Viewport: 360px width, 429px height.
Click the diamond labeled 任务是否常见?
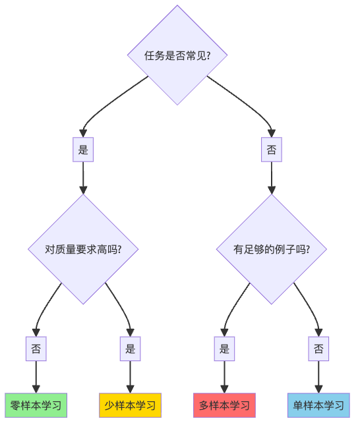point(177,55)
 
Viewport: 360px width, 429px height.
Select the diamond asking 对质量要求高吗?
point(83,249)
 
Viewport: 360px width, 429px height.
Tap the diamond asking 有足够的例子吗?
point(272,249)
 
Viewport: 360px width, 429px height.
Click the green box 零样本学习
point(36,405)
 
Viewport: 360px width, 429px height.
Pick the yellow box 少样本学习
point(130,405)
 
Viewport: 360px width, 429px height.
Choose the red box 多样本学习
point(224,405)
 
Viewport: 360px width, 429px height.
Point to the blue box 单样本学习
point(318,405)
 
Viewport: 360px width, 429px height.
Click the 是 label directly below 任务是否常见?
point(83,150)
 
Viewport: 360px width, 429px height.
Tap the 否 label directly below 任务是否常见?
point(272,150)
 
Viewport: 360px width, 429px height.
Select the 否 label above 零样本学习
point(36,349)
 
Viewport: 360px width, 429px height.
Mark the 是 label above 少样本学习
point(130,349)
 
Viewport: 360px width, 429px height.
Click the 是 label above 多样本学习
point(224,349)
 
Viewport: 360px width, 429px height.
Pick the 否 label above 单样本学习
point(318,349)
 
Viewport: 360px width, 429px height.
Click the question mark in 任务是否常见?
point(208,55)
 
